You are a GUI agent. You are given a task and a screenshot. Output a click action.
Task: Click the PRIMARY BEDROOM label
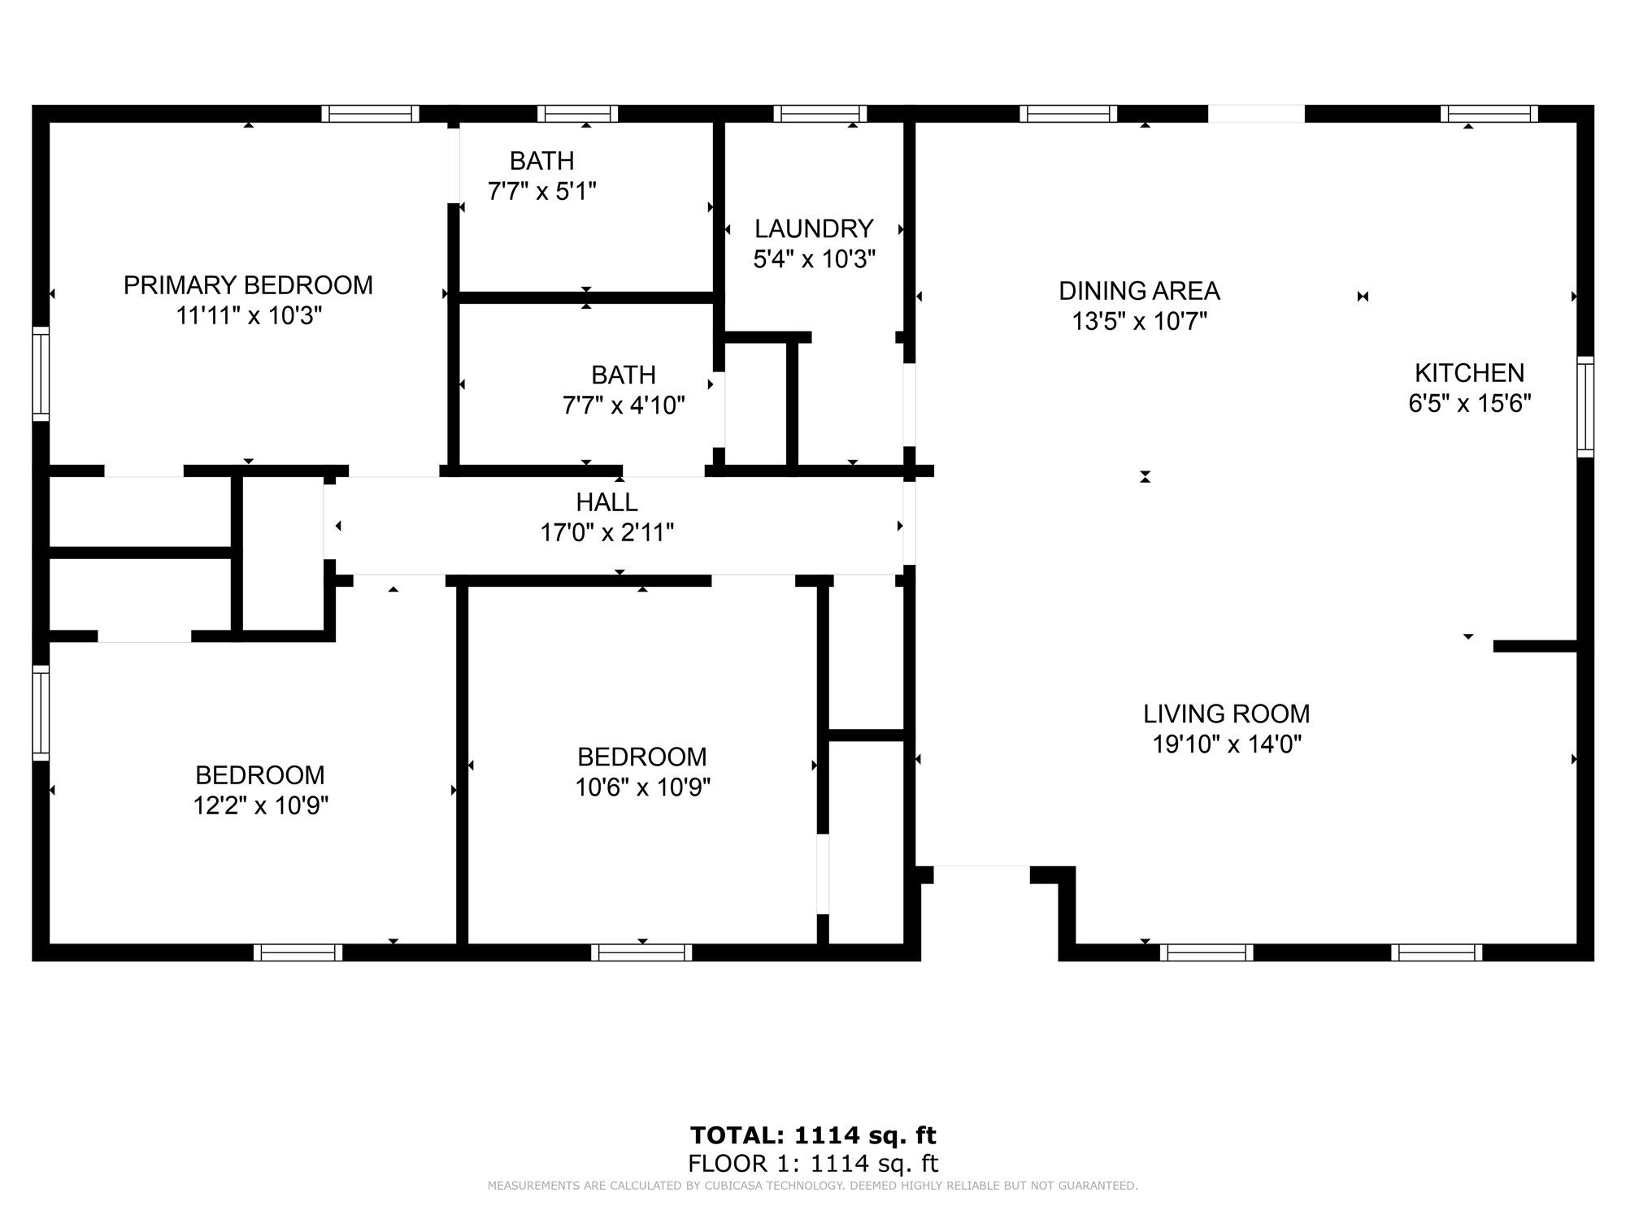248,285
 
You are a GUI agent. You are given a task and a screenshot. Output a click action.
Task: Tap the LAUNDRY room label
814,228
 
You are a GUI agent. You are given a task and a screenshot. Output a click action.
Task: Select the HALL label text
607,501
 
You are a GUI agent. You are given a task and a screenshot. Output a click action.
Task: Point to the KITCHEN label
1470,373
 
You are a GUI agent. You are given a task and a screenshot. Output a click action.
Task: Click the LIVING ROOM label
1227,714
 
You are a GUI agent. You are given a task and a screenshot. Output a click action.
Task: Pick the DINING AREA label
1139,290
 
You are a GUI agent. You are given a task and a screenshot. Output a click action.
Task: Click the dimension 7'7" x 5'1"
542,192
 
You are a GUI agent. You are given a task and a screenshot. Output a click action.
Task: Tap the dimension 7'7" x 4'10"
624,405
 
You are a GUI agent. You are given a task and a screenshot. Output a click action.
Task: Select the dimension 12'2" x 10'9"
260,805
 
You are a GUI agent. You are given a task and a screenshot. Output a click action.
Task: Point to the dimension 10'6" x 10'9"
643,787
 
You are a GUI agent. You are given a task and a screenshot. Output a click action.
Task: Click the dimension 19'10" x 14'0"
1227,744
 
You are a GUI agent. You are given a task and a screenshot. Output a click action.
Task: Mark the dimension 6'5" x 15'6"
1470,403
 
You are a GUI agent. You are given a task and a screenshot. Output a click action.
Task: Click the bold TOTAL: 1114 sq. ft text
813,1134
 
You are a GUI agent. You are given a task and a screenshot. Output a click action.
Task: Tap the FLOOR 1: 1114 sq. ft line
813,1164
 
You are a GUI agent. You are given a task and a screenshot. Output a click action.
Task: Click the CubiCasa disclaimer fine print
813,1186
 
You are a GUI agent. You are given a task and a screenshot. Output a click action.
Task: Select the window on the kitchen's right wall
1585,406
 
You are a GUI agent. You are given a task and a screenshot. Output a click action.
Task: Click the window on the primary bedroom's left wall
41,374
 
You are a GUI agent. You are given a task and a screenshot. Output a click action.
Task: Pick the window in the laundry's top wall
820,114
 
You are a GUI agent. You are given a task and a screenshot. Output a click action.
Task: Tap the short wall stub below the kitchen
1536,646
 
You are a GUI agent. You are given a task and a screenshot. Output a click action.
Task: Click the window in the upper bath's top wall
577,114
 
